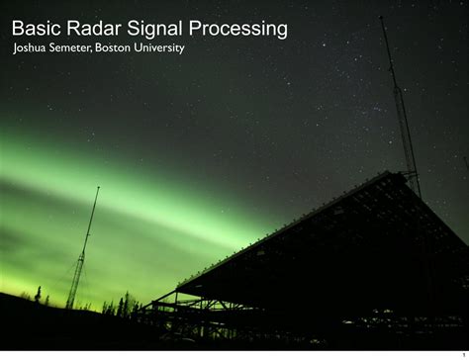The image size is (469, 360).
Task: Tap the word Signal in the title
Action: [154, 30]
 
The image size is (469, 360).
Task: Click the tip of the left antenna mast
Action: [99, 187]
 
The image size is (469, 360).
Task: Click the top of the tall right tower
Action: [381, 17]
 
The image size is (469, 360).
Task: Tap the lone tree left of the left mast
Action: [39, 294]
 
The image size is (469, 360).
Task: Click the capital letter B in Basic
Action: [18, 30]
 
